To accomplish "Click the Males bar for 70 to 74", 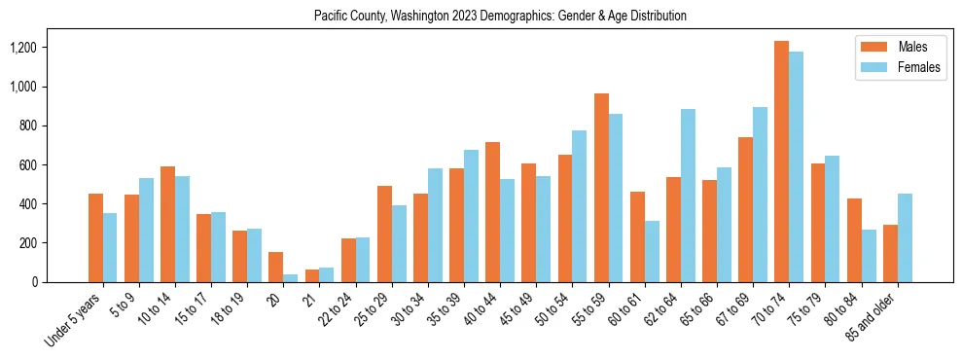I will pos(782,162).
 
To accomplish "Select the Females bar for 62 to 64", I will pos(688,196).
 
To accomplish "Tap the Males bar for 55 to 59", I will pos(601,188).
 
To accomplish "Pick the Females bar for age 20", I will pos(291,278).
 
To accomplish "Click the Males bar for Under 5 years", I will pos(95,237).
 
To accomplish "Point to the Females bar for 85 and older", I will pos(905,237).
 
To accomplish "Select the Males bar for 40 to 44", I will pos(493,212).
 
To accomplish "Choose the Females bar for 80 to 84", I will pos(869,256).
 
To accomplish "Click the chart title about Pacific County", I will pos(500,17).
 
